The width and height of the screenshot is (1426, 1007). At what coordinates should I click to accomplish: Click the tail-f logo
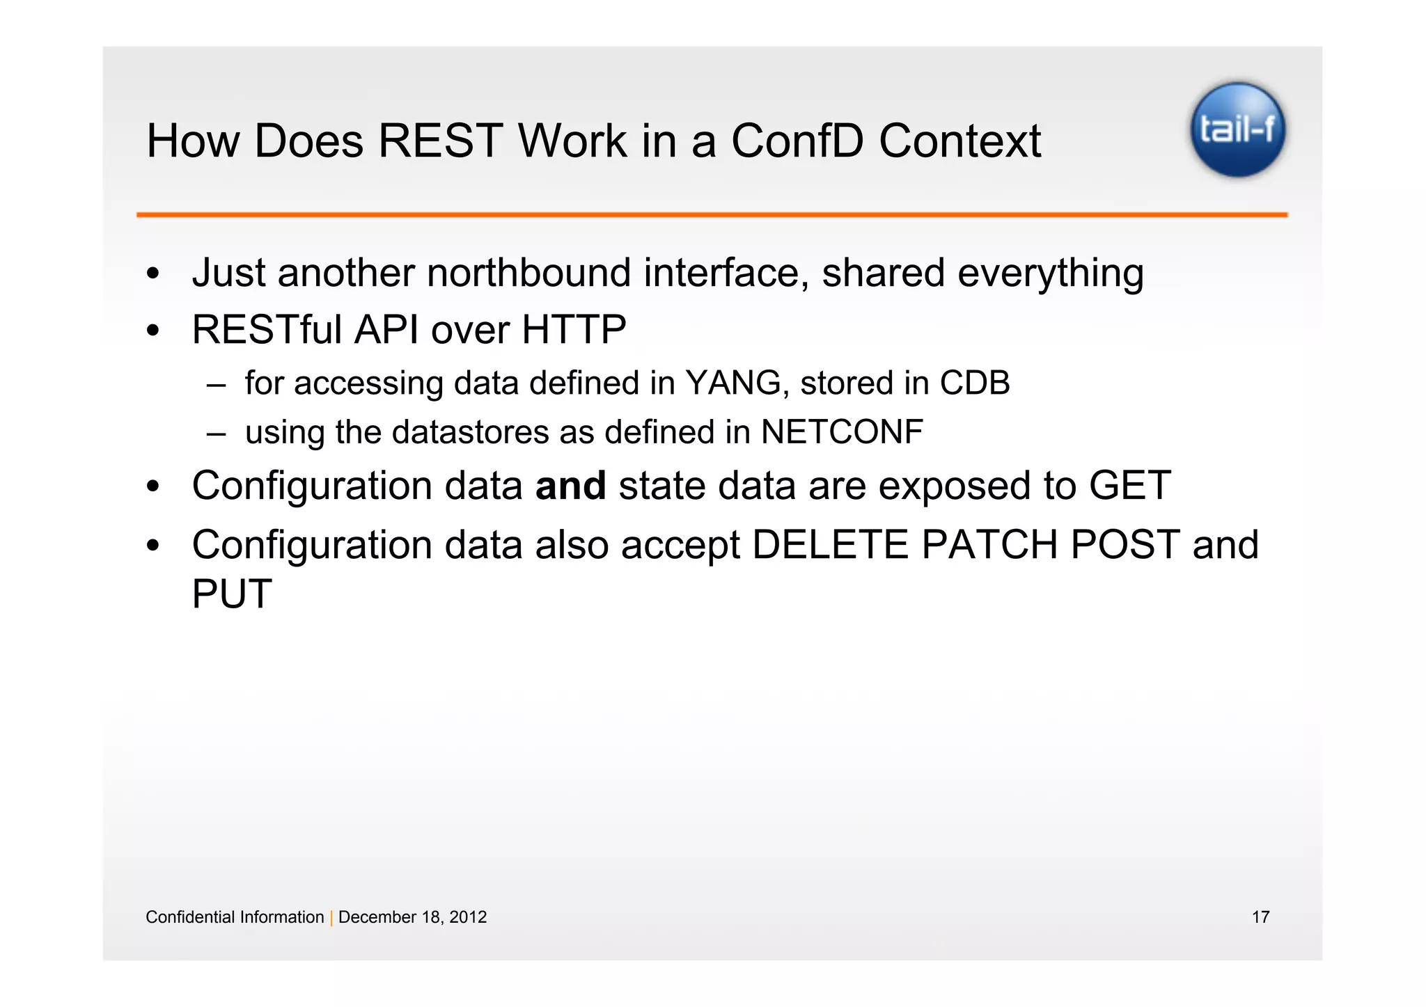point(1237,129)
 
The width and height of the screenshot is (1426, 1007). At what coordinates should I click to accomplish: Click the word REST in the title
point(440,141)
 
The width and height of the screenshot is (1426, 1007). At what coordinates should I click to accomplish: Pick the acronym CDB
point(974,383)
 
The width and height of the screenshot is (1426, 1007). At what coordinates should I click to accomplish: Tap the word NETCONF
point(842,432)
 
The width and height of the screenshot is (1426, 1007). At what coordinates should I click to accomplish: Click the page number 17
point(1260,917)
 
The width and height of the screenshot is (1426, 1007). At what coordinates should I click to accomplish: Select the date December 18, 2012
point(412,917)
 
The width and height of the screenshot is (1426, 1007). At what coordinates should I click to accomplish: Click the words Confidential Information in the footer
point(235,917)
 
